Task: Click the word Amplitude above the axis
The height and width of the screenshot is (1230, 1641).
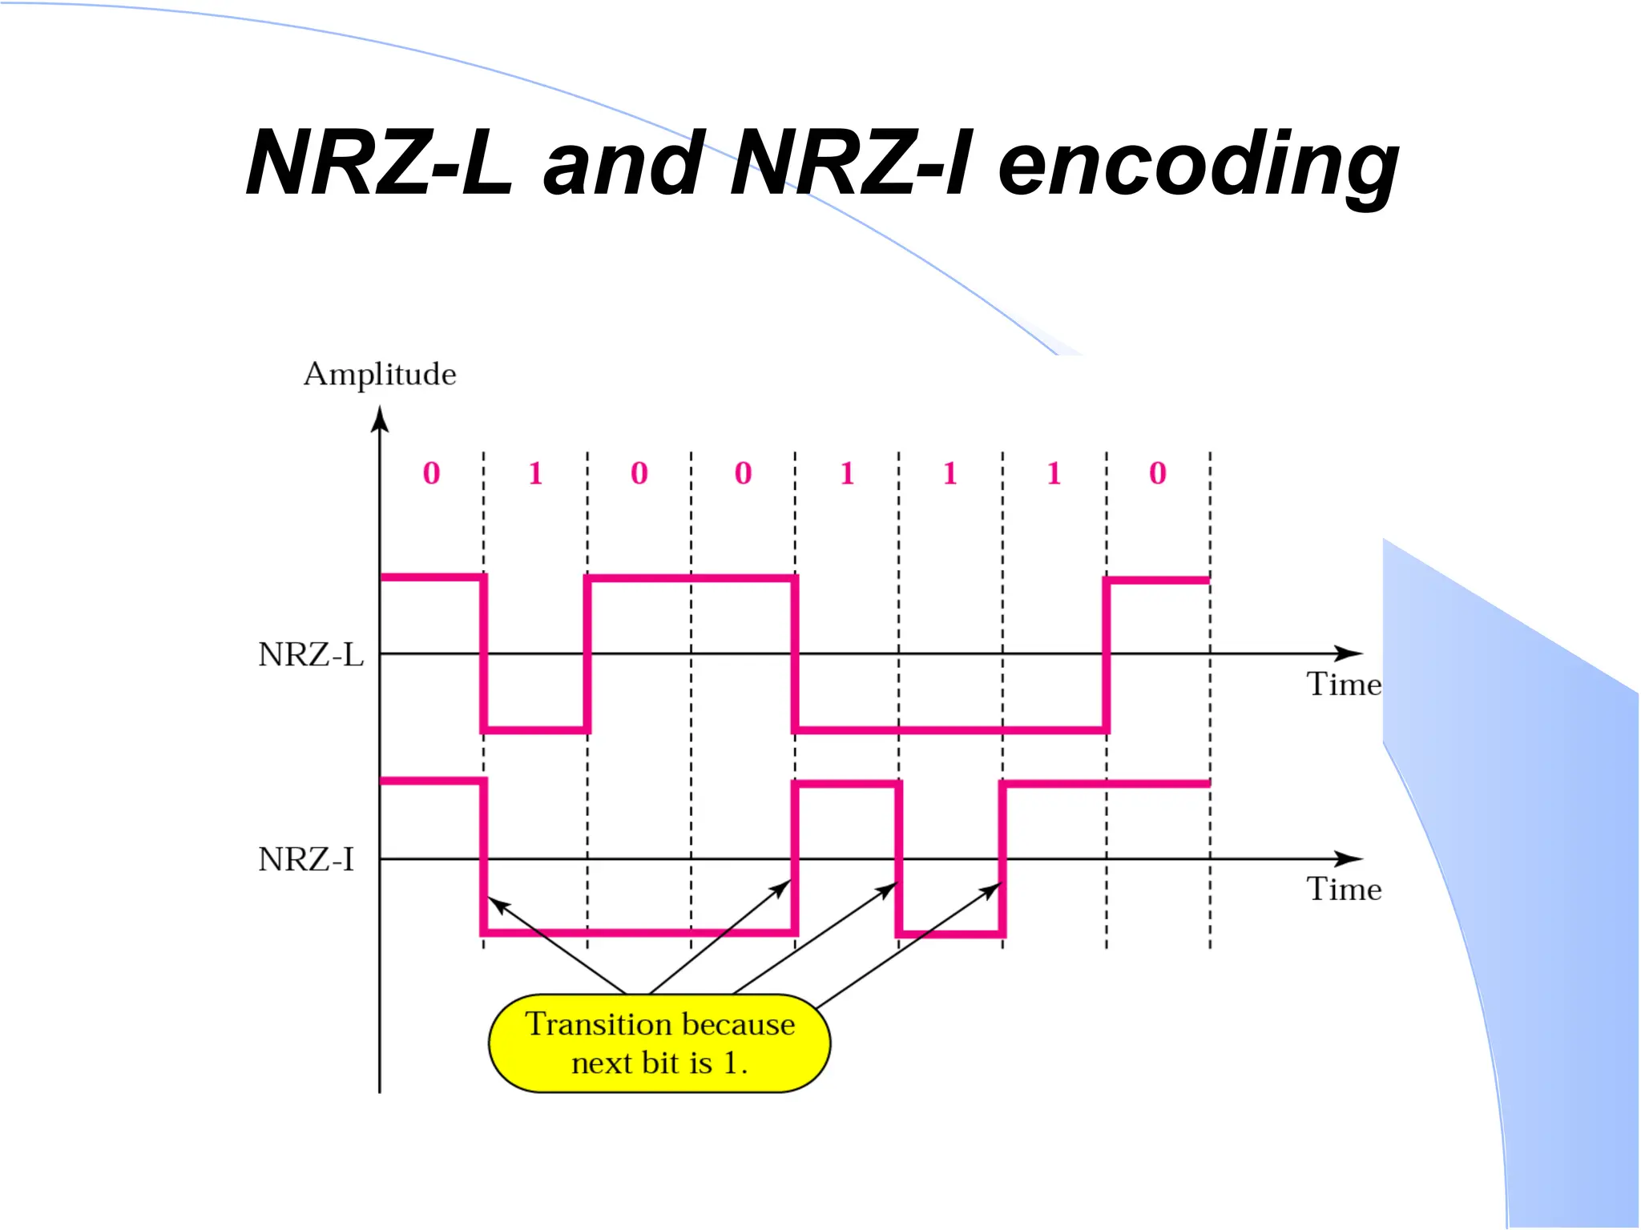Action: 380,375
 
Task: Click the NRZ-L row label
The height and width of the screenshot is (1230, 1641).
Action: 311,655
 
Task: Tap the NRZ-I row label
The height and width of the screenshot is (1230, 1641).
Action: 306,860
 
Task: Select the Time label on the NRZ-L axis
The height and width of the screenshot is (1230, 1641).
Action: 1344,685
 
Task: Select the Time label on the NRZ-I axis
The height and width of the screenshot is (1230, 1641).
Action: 1344,890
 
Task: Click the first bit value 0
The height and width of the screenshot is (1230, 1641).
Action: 431,473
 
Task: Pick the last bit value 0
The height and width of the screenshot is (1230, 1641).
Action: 1157,473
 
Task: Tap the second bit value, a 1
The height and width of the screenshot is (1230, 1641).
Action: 535,473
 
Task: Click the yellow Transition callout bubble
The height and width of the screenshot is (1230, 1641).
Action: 659,1043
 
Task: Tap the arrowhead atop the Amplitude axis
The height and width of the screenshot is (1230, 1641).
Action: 380,419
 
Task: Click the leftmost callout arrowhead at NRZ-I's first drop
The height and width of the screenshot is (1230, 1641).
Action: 498,906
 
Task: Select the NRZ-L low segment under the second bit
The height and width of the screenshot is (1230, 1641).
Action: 535,730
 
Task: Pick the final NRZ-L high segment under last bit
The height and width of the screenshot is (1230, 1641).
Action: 1157,580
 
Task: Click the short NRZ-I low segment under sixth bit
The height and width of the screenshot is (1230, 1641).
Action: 950,934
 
